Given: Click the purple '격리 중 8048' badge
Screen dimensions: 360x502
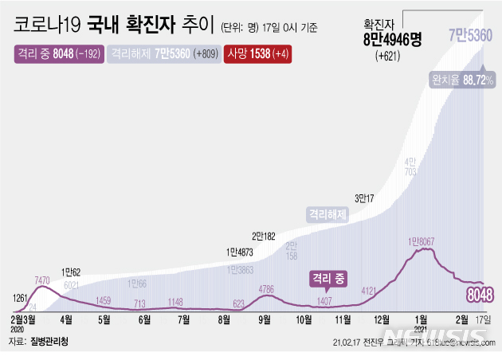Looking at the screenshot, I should click(x=57, y=54).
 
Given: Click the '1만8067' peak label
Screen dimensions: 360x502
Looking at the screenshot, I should click(x=422, y=241).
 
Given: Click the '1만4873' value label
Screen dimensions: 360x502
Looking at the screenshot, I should click(x=241, y=254).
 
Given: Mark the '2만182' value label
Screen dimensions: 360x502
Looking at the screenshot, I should click(x=265, y=237).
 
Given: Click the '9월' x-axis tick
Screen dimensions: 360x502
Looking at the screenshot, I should click(x=264, y=320).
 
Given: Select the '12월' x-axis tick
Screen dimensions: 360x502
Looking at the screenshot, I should click(x=383, y=320).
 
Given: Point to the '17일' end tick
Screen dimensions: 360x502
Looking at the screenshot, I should click(x=484, y=320).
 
